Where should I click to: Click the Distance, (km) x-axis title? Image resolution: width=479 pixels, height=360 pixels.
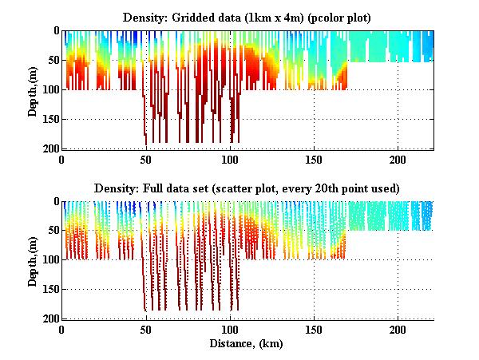pyautogui.click(x=247, y=344)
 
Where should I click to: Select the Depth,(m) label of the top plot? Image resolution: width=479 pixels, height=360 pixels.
pyautogui.click(x=33, y=89)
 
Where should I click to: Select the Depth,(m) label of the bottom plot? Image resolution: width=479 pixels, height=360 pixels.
pyautogui.click(x=33, y=260)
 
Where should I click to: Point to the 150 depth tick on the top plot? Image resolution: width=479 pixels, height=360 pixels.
pyautogui.click(x=50, y=119)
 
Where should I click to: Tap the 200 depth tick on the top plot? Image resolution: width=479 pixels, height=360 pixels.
pyautogui.click(x=50, y=148)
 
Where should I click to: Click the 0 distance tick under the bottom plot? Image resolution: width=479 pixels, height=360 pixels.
pyautogui.click(x=62, y=330)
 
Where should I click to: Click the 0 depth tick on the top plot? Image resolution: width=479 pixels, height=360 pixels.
pyautogui.click(x=55, y=31)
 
